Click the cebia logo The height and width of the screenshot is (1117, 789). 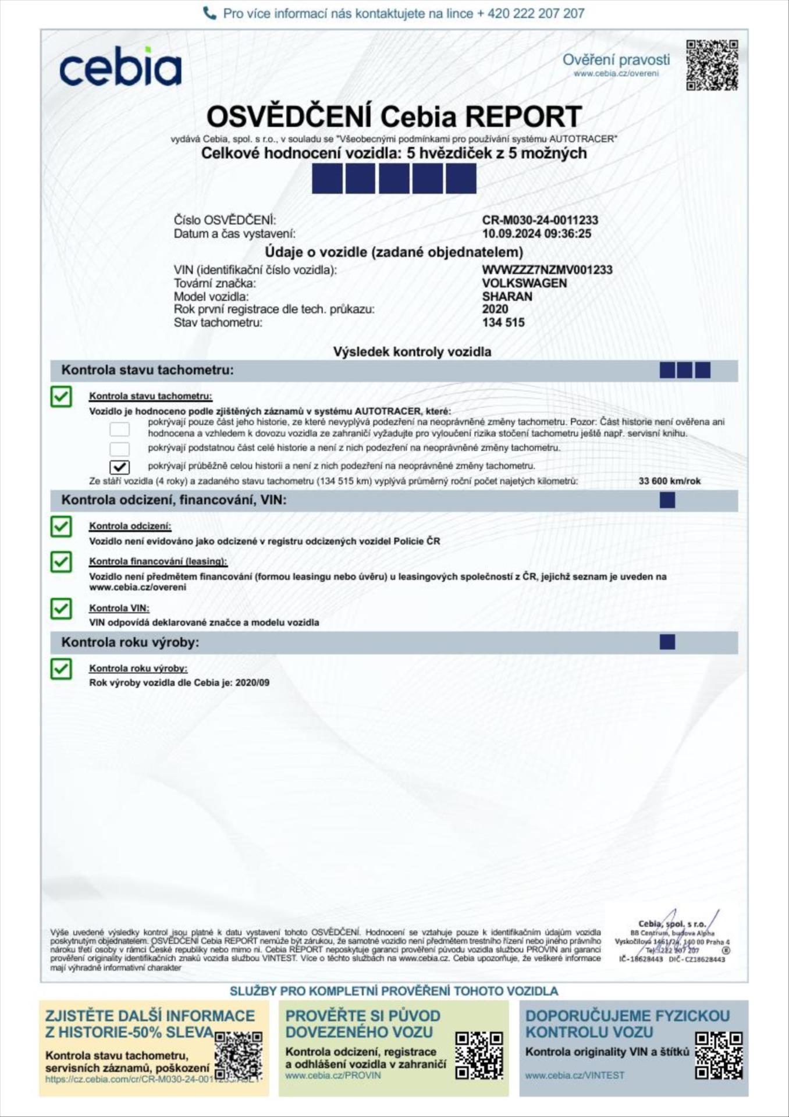click(x=120, y=66)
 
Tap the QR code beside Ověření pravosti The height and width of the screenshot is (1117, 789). click(x=712, y=65)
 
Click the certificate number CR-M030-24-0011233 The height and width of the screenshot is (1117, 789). click(x=540, y=220)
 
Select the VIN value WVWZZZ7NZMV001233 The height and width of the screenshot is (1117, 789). click(x=547, y=270)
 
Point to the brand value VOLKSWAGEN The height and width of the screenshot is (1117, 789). click(x=524, y=283)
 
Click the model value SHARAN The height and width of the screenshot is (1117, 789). click(x=507, y=296)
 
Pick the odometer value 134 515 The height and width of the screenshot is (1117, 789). click(x=503, y=322)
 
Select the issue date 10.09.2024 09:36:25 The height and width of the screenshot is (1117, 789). click(x=536, y=233)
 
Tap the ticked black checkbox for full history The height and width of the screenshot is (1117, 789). click(x=120, y=467)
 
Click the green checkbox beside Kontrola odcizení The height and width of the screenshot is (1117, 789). click(x=61, y=527)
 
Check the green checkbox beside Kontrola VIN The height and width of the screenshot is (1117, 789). click(x=61, y=609)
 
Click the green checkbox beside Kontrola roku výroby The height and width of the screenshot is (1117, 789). click(x=61, y=669)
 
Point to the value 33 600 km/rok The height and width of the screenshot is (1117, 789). click(x=669, y=481)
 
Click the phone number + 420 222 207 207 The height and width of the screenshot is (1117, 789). click(x=530, y=13)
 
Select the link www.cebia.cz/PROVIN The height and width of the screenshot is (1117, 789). click(x=333, y=1075)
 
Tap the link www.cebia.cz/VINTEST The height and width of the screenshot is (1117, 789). click(x=574, y=1075)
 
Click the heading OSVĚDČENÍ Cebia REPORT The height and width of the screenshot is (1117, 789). click(x=394, y=117)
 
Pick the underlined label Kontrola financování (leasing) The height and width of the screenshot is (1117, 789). click(x=158, y=561)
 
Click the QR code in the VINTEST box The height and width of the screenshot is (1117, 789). click(x=719, y=1055)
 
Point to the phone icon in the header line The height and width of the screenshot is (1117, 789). click(x=209, y=13)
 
